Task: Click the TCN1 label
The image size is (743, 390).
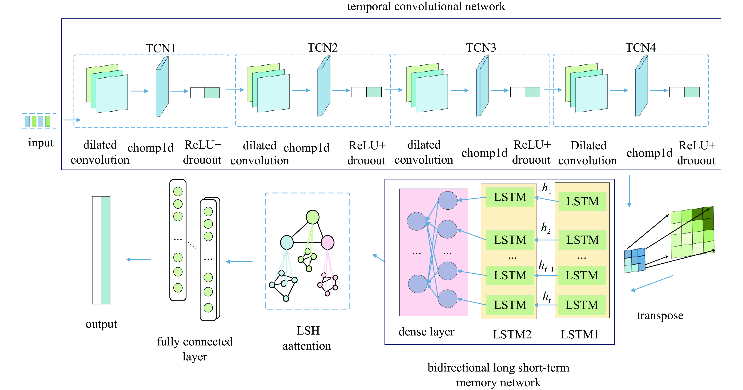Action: point(161,48)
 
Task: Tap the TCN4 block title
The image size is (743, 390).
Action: point(640,48)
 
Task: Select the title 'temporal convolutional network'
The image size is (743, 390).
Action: point(426,6)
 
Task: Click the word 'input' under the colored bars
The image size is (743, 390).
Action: point(41,143)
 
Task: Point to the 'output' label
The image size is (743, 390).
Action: point(101,324)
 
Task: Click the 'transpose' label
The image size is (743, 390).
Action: point(660,315)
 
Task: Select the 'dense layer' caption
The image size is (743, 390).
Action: point(426,332)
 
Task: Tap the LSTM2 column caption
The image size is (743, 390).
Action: point(512,334)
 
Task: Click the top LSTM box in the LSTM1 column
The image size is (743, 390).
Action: point(582,201)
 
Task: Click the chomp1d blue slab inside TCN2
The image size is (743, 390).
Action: point(324,87)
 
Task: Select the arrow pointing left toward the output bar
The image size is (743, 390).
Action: point(138,260)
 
